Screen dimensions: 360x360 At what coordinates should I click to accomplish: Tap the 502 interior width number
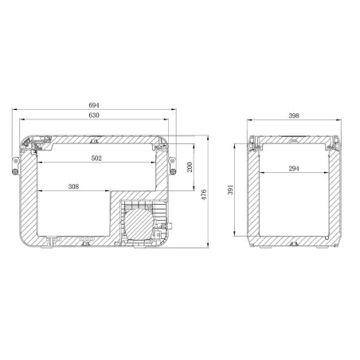96,158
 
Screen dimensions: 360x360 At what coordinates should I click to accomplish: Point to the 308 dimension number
74,187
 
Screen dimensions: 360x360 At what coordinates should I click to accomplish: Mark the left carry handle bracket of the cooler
16,165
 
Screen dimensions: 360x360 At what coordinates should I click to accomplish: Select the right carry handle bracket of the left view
174,165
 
